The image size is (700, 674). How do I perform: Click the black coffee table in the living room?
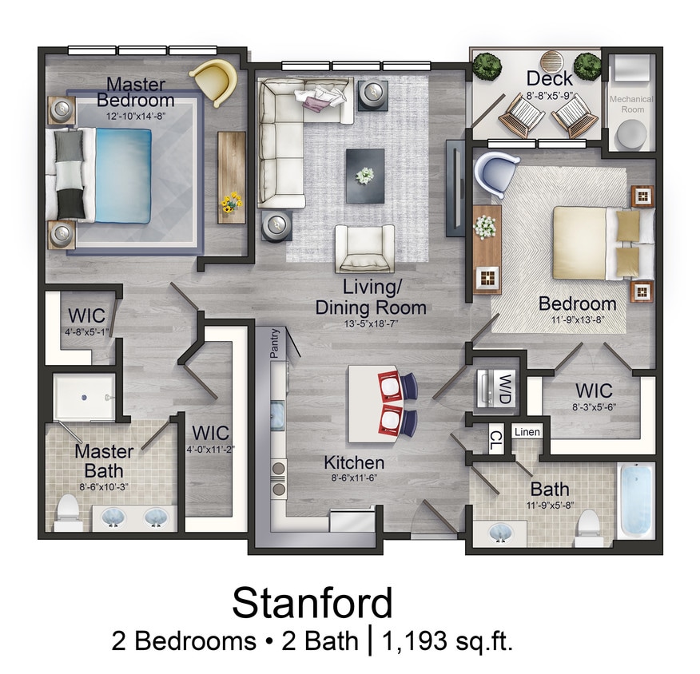point(364,174)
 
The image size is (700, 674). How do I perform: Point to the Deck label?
point(550,78)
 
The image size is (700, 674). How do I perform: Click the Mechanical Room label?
point(631,104)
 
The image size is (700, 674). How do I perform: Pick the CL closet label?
point(495,438)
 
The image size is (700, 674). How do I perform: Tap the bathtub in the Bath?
point(637,500)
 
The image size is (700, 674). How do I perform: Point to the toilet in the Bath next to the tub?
point(589,524)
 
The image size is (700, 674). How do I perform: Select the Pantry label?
point(274,344)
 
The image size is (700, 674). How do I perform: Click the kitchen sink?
point(277,418)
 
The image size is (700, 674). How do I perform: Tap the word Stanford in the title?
point(312,603)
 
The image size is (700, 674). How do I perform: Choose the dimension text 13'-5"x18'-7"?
point(371,324)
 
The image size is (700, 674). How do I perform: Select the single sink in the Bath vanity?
point(500,531)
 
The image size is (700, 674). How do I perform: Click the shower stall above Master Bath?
point(85,397)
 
